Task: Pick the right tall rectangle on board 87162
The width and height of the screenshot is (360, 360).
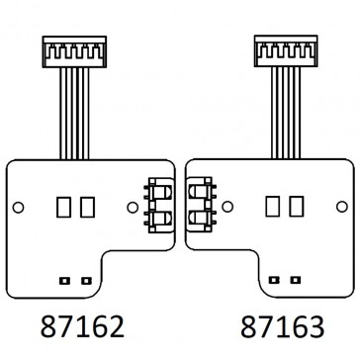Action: coord(88,207)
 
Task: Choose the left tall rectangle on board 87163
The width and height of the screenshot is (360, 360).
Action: coord(271,207)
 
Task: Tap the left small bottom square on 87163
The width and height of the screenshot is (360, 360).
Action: coord(269,280)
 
